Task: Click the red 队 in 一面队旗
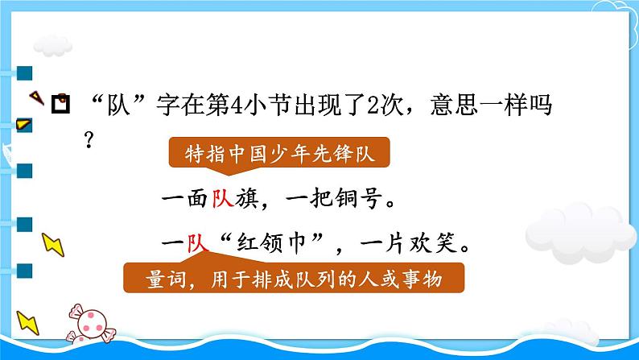(x=222, y=201)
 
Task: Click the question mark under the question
(x=89, y=138)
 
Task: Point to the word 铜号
(x=361, y=201)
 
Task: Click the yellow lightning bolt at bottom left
(x=29, y=325)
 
